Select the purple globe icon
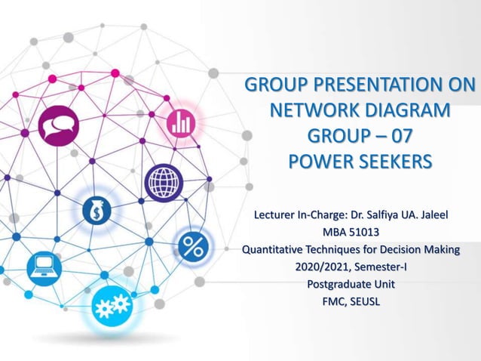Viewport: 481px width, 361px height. pos(164,183)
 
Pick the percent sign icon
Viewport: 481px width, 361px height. pos(190,246)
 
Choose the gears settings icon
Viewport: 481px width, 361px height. pos(111,307)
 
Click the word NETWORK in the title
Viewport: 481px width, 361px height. pos(311,112)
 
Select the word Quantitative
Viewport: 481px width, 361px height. pos(273,249)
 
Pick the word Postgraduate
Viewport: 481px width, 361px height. pos(342,285)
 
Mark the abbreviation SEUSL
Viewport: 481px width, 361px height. pos(365,302)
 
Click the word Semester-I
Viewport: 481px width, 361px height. pos(383,267)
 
